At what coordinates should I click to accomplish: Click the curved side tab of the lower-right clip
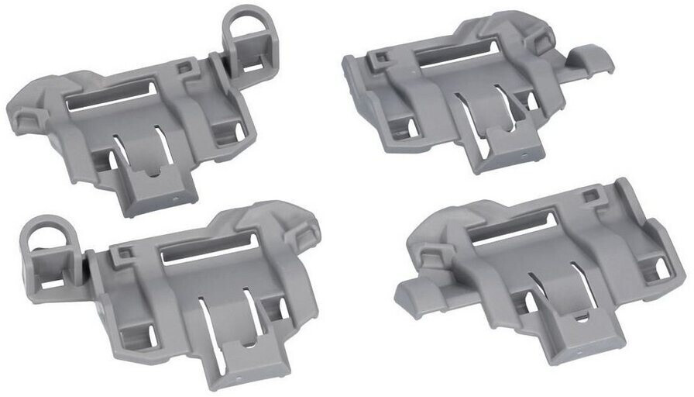coord(418,294)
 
